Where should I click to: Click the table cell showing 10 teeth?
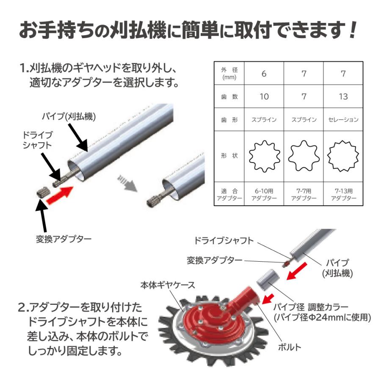[x=263, y=97]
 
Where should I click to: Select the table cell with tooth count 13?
[x=343, y=97]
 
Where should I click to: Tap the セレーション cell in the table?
[x=343, y=120]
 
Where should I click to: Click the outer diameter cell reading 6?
[x=263, y=74]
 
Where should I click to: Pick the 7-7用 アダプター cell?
[x=304, y=194]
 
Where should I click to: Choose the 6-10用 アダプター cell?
[x=263, y=194]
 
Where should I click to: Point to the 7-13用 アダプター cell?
[x=343, y=194]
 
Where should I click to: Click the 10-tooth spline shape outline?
[x=263, y=156]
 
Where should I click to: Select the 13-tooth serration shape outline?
[x=343, y=156]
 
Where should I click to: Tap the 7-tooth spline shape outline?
[x=304, y=156]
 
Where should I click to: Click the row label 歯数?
[x=229, y=97]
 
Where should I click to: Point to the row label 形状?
[x=229, y=156]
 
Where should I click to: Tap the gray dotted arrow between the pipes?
[x=127, y=183]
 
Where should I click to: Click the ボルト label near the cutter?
[x=290, y=348]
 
